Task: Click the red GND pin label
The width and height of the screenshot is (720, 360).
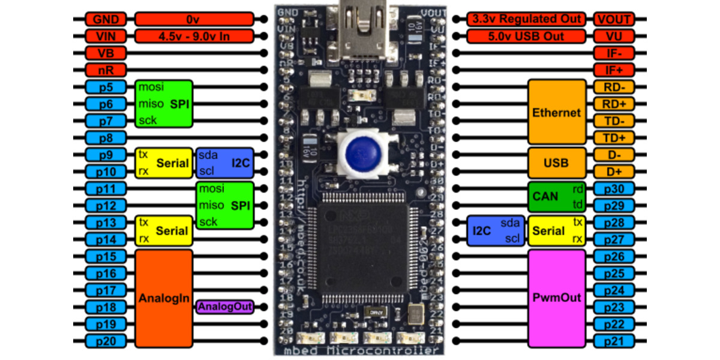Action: pos(105,19)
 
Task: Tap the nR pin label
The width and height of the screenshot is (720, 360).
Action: pos(105,70)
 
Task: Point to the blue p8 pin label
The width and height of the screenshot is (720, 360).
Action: pos(105,137)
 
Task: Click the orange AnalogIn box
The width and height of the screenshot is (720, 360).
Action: pos(164,298)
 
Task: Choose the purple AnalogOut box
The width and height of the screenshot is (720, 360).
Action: pos(225,307)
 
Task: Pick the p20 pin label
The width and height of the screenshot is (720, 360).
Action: pos(105,341)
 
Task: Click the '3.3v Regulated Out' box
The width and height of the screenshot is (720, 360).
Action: pos(526,19)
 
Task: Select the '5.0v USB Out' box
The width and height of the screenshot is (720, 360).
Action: pos(526,36)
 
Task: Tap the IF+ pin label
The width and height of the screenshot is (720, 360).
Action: pos(614,70)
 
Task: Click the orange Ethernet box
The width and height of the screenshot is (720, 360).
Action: pos(556,112)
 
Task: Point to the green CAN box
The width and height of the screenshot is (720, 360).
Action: pos(556,197)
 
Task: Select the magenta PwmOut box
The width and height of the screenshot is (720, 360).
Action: pos(556,298)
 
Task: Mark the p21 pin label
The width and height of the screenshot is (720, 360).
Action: pos(614,341)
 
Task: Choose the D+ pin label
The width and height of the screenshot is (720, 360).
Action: pos(614,172)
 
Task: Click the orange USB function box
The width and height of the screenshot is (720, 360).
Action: pos(556,163)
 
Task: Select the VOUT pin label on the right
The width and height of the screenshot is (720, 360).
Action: pos(614,19)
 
